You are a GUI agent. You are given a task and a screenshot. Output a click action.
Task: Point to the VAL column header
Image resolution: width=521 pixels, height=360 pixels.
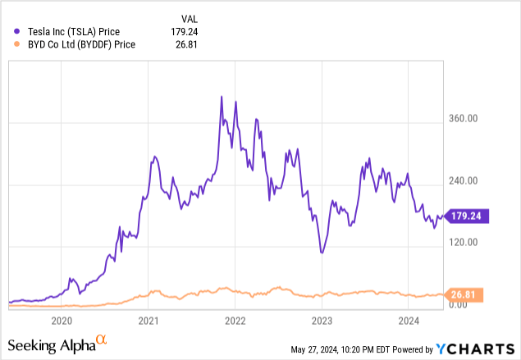tap(190, 18)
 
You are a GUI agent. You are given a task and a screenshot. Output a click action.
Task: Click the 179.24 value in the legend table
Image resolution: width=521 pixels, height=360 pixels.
tap(185, 31)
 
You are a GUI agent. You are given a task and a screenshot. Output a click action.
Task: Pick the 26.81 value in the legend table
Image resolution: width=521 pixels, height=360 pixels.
tap(188, 45)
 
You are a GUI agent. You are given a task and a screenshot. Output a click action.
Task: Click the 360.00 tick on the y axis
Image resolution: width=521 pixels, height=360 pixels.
tap(464, 119)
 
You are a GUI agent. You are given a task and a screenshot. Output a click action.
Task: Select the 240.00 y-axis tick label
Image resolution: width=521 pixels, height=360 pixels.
tap(464, 180)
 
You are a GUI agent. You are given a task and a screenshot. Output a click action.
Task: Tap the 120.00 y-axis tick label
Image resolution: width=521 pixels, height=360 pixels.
tap(464, 242)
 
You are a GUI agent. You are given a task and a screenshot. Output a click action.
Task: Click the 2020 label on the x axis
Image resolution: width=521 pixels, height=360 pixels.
tap(62, 321)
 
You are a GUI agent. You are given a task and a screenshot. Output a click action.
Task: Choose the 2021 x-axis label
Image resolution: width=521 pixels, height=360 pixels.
tap(149, 321)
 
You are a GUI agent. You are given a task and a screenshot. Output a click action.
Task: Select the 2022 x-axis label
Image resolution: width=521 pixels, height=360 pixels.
tap(235, 321)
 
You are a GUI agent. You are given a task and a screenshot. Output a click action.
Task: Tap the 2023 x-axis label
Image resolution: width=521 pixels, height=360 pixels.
tap(322, 321)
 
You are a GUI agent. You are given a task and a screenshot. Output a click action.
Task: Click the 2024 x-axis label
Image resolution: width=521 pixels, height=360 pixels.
tap(408, 321)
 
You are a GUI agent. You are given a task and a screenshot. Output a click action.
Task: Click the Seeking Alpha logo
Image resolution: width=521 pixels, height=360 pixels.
tap(57, 344)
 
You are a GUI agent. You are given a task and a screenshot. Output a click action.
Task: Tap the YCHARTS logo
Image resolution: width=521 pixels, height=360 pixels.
tap(478, 349)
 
